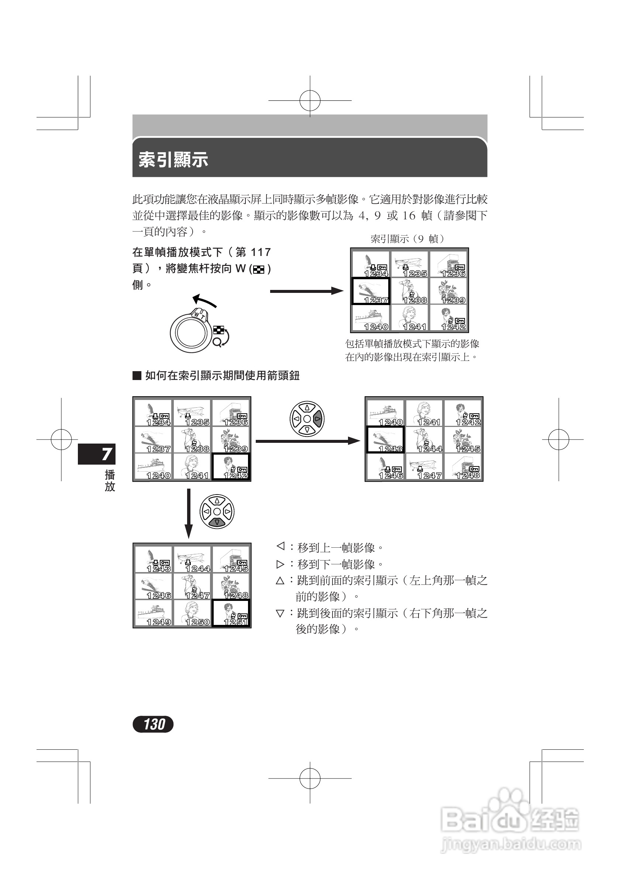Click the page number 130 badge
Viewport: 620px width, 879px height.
tap(153, 724)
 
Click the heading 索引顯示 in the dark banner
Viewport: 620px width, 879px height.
tap(173, 159)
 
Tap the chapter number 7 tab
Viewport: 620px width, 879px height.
tap(97, 454)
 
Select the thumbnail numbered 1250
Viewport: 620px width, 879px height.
tap(192, 613)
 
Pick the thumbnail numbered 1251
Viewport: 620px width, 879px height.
tap(231, 613)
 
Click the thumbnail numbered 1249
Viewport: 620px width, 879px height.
tap(154, 613)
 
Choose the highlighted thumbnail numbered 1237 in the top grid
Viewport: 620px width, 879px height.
tap(370, 291)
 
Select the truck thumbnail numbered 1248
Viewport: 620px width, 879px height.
tap(462, 467)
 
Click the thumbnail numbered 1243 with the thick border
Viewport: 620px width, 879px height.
tap(385, 440)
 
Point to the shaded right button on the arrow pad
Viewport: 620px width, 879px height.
tap(317, 419)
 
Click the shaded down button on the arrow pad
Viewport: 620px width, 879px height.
tap(217, 522)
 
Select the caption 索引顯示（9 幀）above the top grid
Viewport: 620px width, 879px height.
tap(408, 239)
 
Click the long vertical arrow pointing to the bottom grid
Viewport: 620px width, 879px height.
tap(189, 513)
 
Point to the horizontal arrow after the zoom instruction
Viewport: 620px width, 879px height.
tap(306, 291)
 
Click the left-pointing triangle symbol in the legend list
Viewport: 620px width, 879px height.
tap(280, 546)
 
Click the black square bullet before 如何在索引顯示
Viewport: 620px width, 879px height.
tap(137, 376)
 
